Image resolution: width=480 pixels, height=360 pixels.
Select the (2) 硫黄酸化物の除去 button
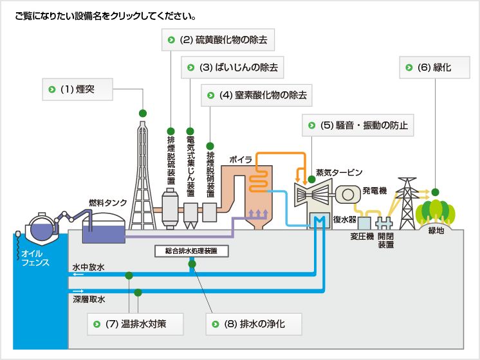pos(217,40)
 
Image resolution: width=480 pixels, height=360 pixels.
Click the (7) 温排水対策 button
pos(136,324)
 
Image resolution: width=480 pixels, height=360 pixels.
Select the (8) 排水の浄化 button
pos(254,324)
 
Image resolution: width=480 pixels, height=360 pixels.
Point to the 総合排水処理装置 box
pos(192,251)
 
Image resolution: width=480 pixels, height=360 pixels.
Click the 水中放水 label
pos(88,266)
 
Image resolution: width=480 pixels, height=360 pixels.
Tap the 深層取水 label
pos(88,299)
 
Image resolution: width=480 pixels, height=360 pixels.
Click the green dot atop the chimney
pos(143,113)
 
